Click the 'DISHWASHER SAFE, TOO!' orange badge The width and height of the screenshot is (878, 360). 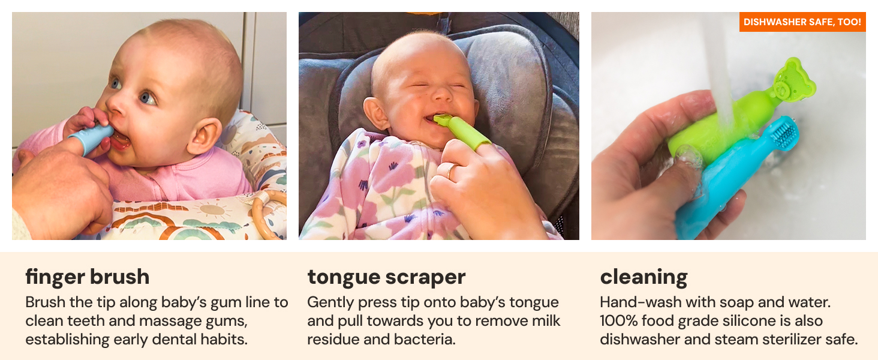coord(802,22)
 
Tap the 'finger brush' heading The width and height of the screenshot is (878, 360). coord(88,277)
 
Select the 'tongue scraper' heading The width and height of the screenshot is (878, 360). coord(386,277)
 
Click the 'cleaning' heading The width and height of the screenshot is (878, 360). coord(644,277)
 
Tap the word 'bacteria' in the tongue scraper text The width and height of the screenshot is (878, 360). coord(426,339)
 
